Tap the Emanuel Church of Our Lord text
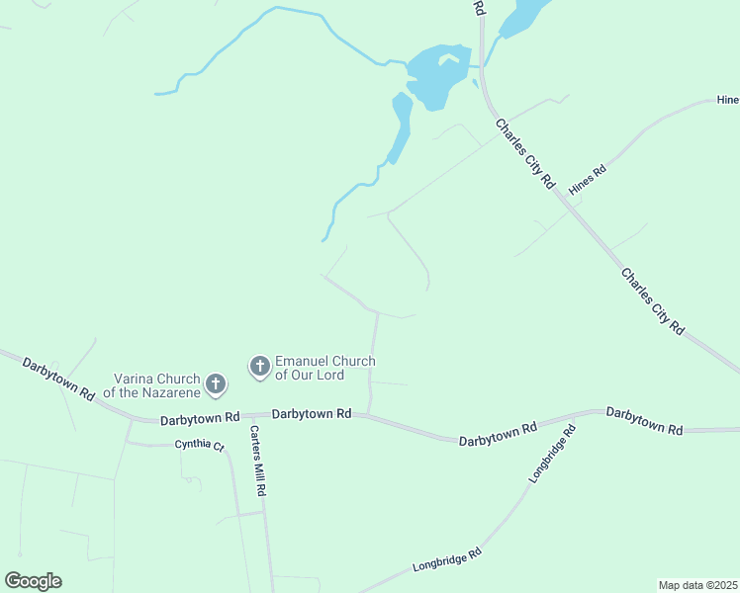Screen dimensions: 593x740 324,368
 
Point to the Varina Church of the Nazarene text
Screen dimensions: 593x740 155,385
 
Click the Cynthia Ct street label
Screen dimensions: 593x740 201,445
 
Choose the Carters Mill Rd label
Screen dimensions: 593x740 257,461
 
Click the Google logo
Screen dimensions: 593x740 33,581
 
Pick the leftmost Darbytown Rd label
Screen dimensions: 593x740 59,377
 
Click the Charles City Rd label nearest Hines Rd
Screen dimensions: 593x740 526,154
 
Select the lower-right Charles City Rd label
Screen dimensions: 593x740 652,300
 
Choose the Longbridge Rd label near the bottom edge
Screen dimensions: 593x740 446,559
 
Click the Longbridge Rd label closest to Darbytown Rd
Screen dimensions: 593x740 551,454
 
